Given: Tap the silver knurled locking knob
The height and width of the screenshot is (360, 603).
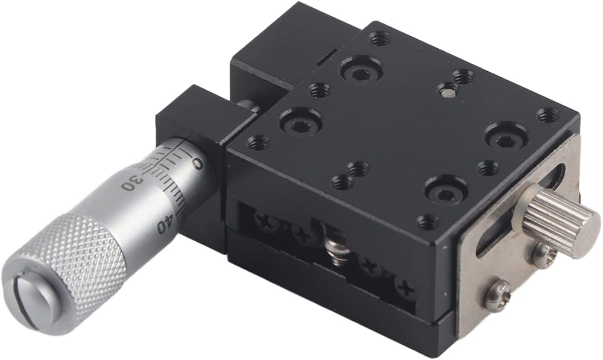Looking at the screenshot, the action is (x=558, y=222).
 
